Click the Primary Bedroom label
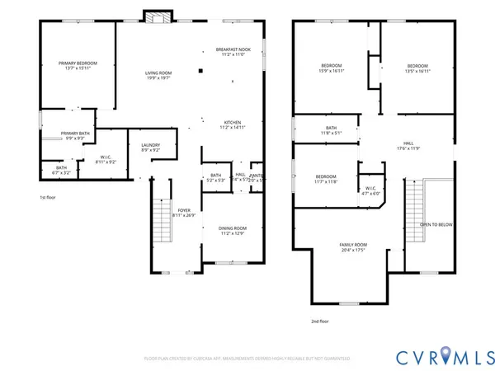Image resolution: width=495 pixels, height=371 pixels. (78, 67)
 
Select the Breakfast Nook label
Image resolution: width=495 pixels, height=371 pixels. (233, 52)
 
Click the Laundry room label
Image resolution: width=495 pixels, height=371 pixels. (150, 148)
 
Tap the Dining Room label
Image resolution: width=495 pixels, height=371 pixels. (233, 232)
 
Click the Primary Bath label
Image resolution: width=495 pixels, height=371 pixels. (75, 136)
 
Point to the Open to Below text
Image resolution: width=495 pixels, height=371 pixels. (436, 224)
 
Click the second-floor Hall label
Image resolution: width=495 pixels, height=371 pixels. (408, 145)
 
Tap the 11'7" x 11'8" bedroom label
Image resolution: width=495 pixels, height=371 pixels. (326, 178)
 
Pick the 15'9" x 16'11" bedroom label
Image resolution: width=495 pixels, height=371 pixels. (332, 68)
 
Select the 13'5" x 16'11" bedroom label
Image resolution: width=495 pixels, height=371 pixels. (417, 68)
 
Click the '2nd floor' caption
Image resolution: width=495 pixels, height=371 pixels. (319, 321)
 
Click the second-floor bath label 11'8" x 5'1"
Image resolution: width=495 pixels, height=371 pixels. (331, 130)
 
